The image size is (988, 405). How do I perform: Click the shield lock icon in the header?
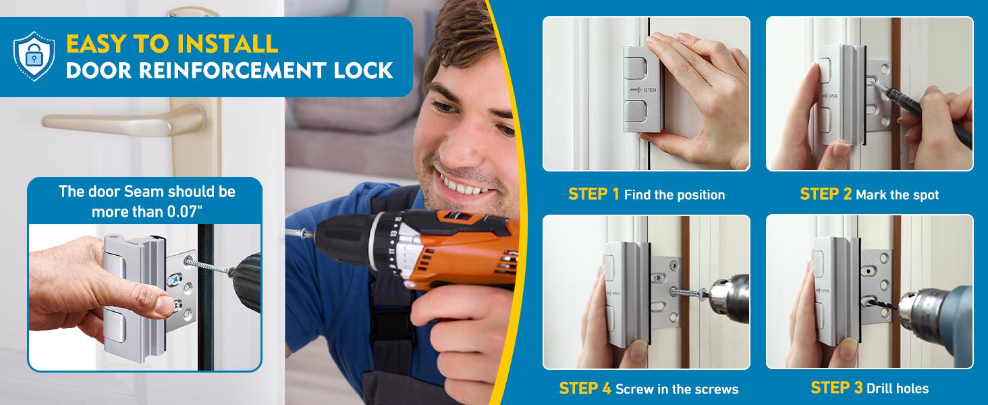[x=34, y=56]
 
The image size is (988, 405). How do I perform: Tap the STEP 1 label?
[x=593, y=194]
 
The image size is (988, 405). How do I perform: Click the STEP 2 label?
[x=825, y=194]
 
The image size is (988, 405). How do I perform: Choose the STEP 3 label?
[x=836, y=387]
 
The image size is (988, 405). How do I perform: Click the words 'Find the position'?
[x=674, y=195]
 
